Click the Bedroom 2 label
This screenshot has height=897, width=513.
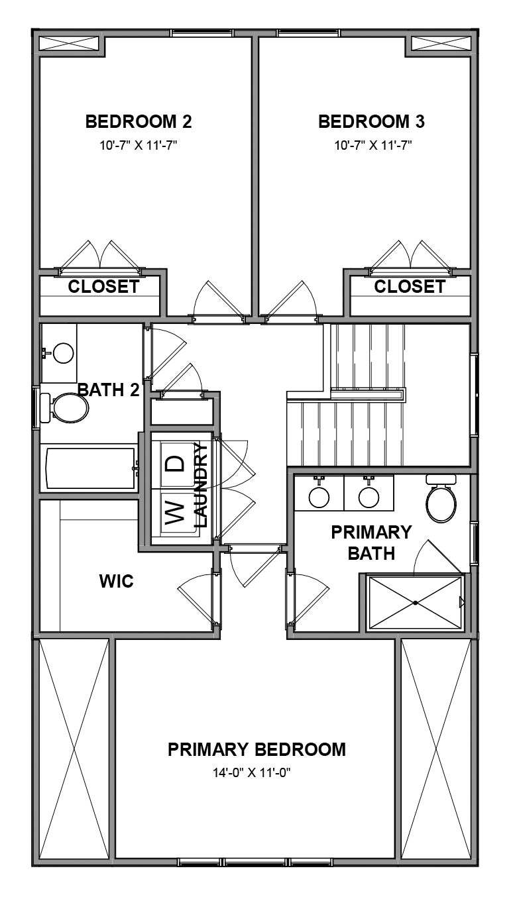pos(139,122)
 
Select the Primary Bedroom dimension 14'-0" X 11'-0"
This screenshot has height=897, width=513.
pos(256,772)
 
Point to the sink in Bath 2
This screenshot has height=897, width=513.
pos(63,352)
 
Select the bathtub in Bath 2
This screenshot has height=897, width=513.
pos(89,468)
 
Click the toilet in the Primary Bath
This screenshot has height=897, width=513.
pos(441,503)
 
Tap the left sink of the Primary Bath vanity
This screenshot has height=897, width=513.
pos(319,496)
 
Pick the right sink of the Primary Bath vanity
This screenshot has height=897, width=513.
pos(368,496)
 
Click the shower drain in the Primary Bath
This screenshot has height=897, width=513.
pos(415,603)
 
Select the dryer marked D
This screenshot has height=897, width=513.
pos(173,463)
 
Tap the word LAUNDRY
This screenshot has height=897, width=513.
pos(201,485)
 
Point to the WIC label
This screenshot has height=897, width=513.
pos(117,582)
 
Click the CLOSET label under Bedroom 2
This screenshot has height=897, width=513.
pos(104,287)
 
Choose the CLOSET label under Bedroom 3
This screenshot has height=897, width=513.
pos(410,287)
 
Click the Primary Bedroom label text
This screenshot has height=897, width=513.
pos(256,749)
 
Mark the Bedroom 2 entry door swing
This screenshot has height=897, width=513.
pos(213,299)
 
